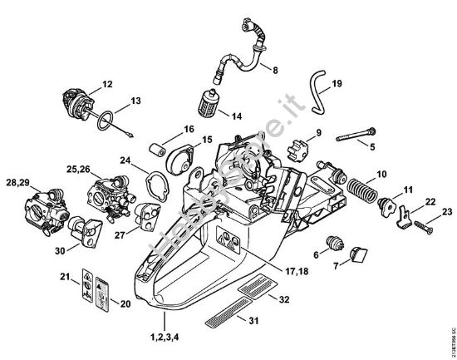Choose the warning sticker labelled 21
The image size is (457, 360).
tap(86, 281)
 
